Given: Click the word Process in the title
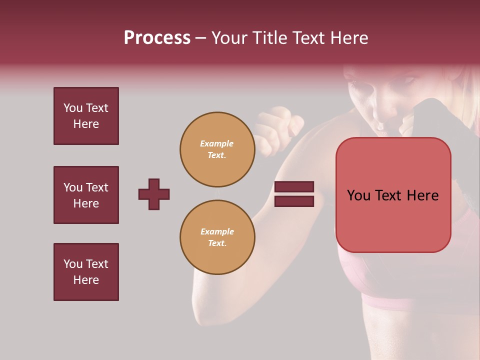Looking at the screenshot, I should (157, 38).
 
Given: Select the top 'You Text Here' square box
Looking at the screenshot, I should (86, 116).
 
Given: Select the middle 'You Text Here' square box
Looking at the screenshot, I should (86, 195).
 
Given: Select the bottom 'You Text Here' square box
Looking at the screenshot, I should (86, 272).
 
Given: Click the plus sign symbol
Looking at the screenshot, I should (154, 194).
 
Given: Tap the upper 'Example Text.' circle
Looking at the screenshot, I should (217, 149).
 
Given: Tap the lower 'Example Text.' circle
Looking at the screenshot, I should (217, 237).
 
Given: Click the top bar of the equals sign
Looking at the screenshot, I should (294, 187).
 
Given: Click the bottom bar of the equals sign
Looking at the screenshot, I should (294, 201).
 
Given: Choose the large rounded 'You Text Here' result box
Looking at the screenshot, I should (393, 195).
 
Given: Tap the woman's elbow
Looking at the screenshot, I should (205, 305).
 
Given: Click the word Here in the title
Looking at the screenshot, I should (348, 38).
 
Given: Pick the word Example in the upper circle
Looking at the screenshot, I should (216, 143).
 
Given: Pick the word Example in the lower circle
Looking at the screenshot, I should (217, 231).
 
